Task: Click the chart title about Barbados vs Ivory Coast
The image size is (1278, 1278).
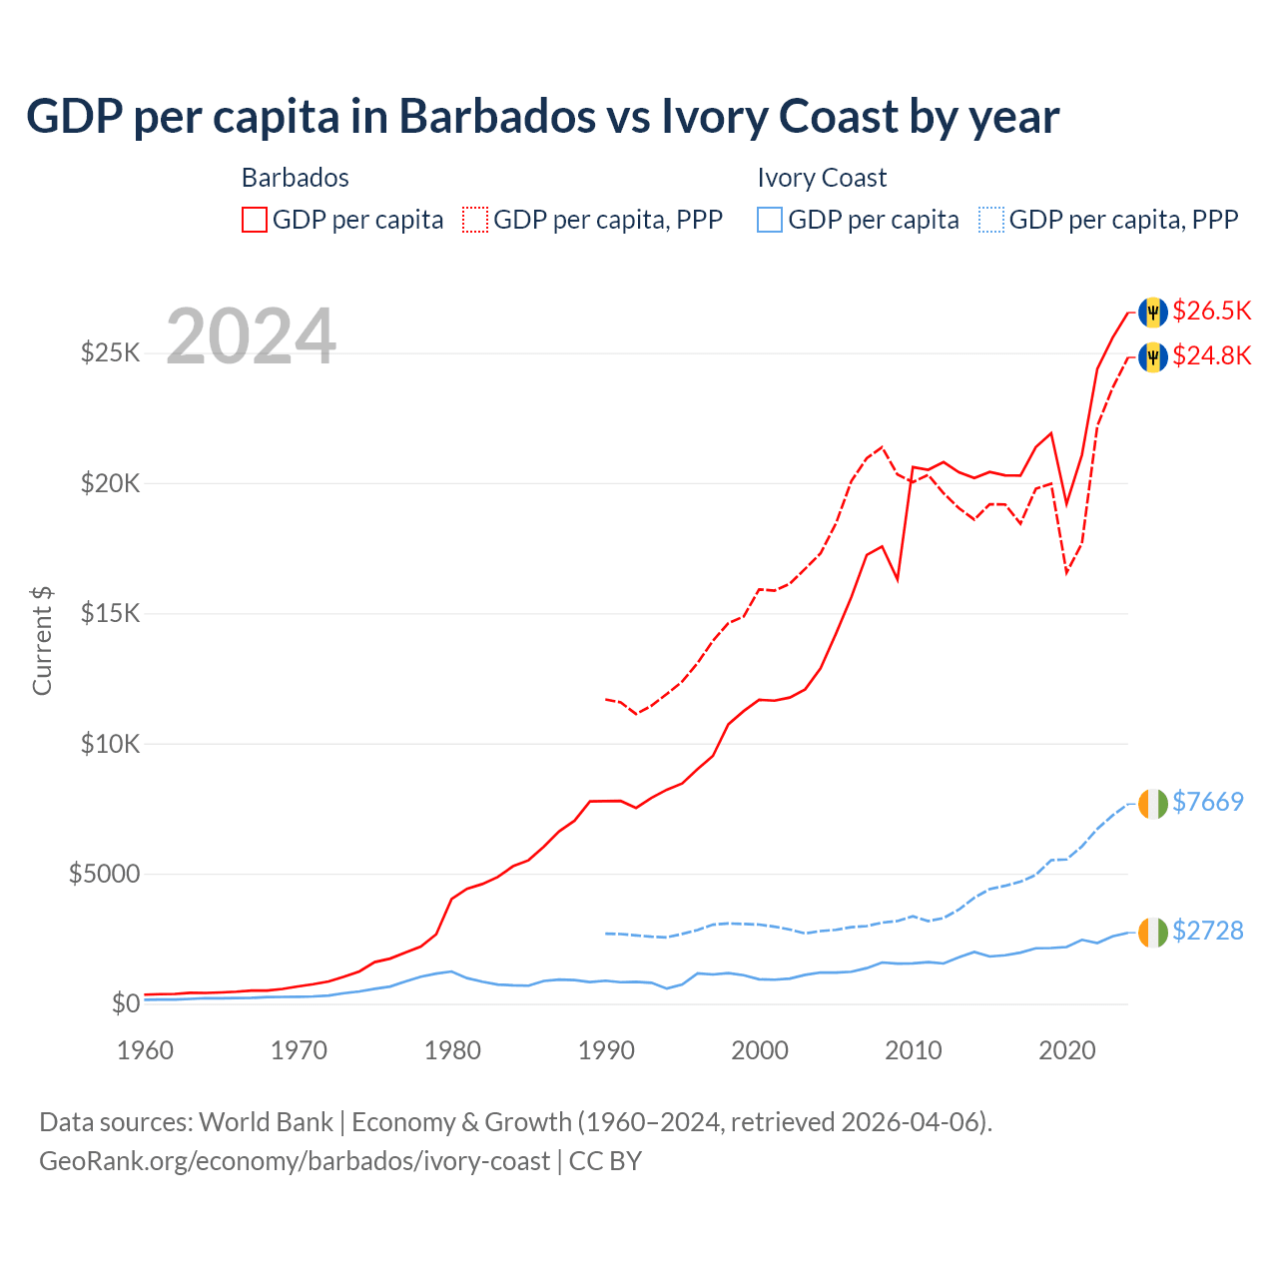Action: coord(542,117)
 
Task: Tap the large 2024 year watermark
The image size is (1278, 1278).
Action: coord(251,336)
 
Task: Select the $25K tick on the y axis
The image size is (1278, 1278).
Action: coord(110,353)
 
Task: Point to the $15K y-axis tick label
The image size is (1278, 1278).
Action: coord(110,613)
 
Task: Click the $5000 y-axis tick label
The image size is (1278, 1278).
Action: coord(104,875)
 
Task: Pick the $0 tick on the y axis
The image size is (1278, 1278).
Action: coord(124,1003)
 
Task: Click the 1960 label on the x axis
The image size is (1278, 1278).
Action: coord(146,1050)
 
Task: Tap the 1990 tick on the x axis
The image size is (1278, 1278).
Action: coord(607,1050)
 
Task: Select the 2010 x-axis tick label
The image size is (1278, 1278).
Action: coord(914,1050)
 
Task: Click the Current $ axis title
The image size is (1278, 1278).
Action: coord(42,640)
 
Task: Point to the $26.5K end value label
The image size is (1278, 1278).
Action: coord(1211,311)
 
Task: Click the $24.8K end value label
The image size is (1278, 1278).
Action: coord(1211,355)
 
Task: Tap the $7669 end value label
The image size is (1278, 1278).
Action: coord(1208,802)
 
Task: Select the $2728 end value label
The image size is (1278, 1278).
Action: coord(1208,931)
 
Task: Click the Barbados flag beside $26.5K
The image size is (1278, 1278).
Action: coord(1153,312)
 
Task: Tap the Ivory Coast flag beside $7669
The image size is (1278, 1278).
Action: coord(1153,804)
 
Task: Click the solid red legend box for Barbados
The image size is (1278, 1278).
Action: coord(255,220)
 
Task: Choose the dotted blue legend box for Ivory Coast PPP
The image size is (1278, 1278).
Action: coord(991,220)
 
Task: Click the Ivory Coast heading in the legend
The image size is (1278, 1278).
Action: coord(822,178)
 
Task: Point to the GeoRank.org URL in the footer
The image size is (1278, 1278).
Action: coord(295,1161)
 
